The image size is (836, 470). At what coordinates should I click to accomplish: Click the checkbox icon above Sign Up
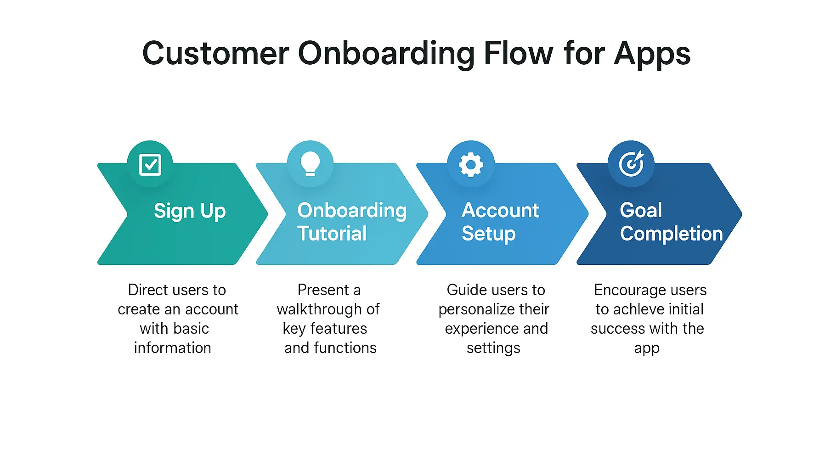(150, 165)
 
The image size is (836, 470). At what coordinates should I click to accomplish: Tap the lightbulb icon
(310, 164)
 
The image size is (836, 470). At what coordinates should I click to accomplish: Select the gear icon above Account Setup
(471, 164)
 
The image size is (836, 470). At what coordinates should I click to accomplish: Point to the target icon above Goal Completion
(632, 164)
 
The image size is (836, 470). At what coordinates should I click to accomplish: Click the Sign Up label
(190, 212)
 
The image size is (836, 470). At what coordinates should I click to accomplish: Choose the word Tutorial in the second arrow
(332, 234)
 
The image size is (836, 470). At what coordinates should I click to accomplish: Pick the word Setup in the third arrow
(489, 234)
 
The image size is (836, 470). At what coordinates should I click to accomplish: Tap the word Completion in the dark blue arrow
(672, 234)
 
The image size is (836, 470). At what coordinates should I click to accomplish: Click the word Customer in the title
(216, 54)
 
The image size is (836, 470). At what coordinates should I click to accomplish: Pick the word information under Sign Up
(173, 348)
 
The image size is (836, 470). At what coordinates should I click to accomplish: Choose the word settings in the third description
(493, 348)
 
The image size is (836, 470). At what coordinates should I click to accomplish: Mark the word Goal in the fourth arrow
(641, 211)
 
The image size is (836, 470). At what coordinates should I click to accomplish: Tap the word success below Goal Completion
(618, 329)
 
